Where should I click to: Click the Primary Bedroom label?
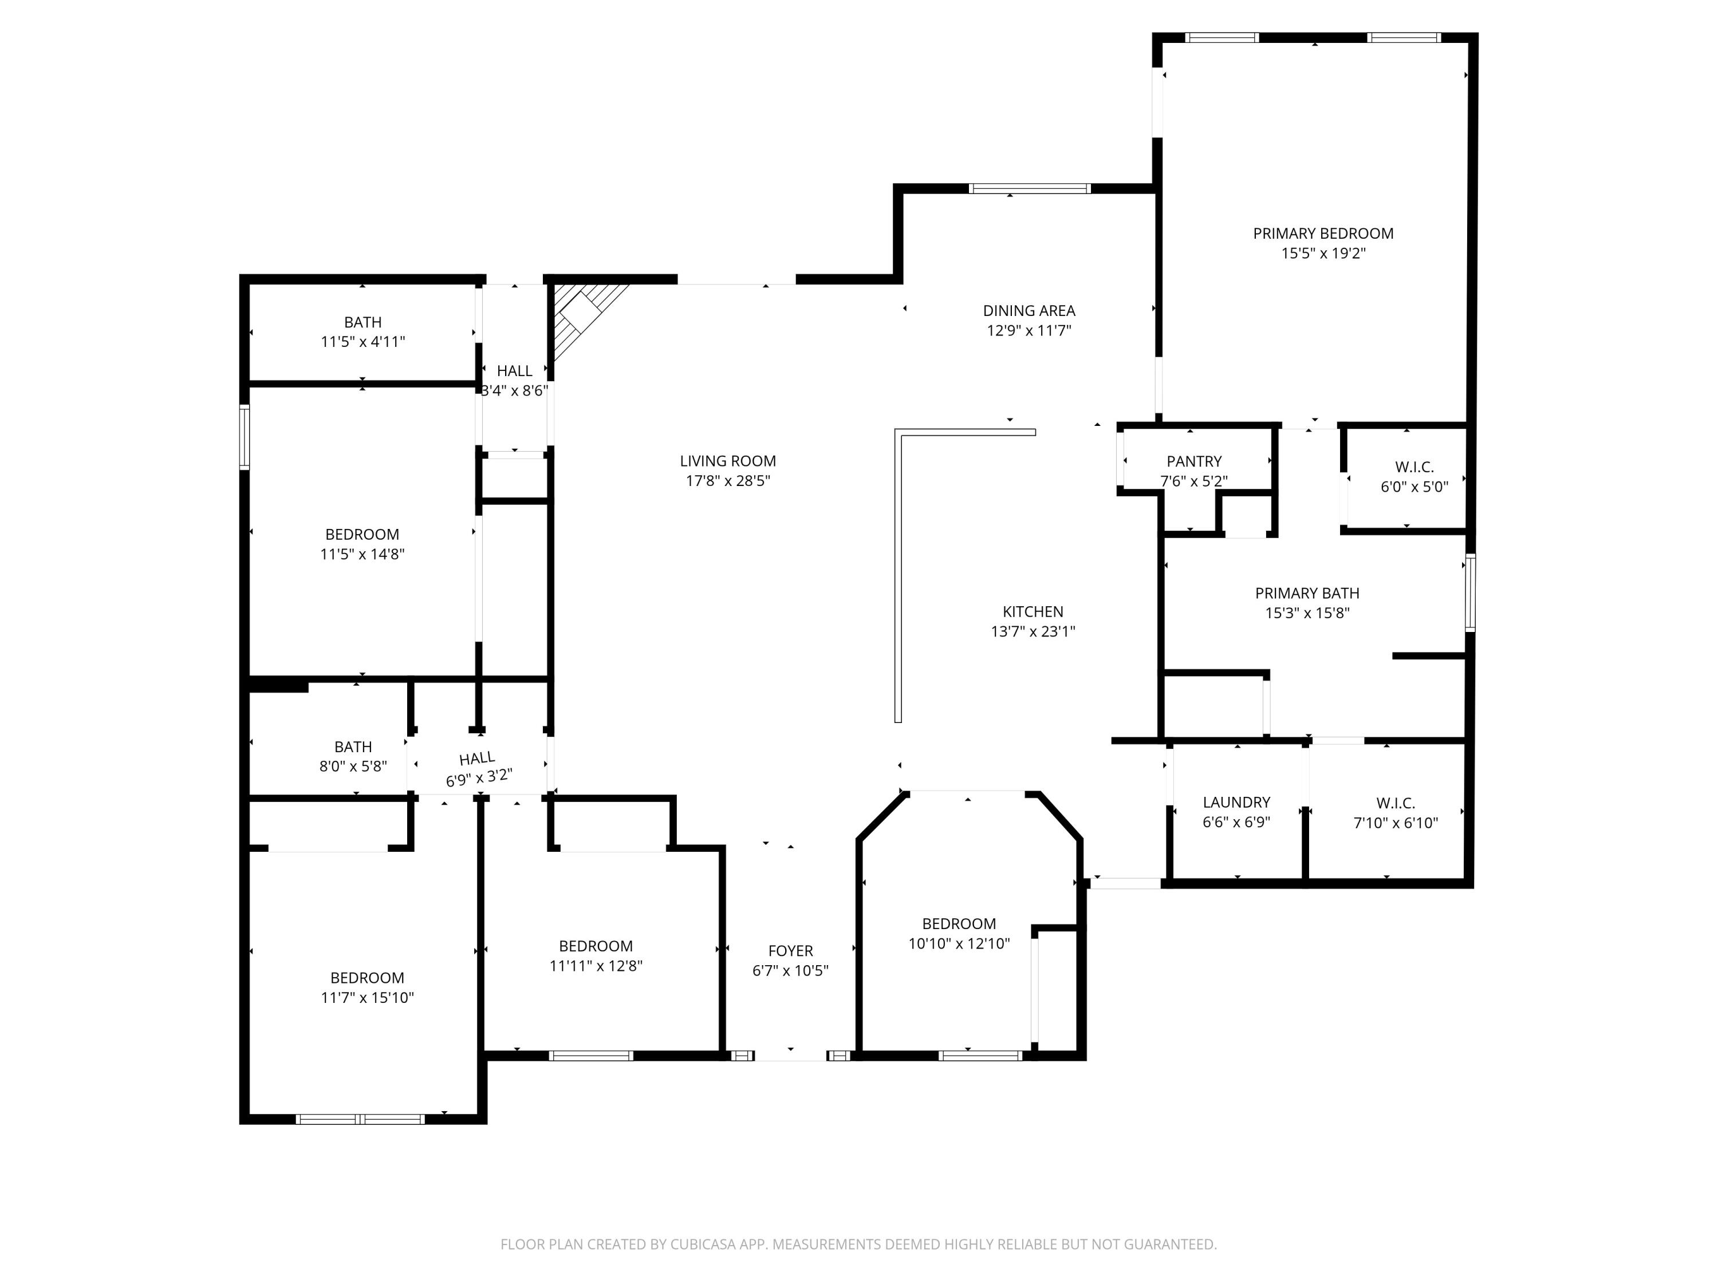pos(1323,233)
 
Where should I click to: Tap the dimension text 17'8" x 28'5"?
pos(728,481)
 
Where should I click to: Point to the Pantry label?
pos(1194,461)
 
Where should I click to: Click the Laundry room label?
pos(1236,802)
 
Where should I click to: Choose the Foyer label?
pos(791,950)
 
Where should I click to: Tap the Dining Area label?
pos(1029,310)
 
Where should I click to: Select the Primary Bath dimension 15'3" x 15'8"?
pos(1307,613)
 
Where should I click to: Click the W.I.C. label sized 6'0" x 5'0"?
pos(1414,467)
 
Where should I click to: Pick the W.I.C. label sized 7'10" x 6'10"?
pos(1396,803)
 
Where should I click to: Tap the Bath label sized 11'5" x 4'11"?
pos(362,321)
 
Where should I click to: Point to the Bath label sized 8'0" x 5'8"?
pos(353,746)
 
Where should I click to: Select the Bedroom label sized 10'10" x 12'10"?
pos(959,923)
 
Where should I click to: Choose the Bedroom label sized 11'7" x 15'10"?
pos(368,978)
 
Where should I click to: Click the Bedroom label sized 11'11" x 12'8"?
pos(596,946)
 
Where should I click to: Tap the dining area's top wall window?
pos(1029,188)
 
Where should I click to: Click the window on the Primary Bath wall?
pos(1469,592)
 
